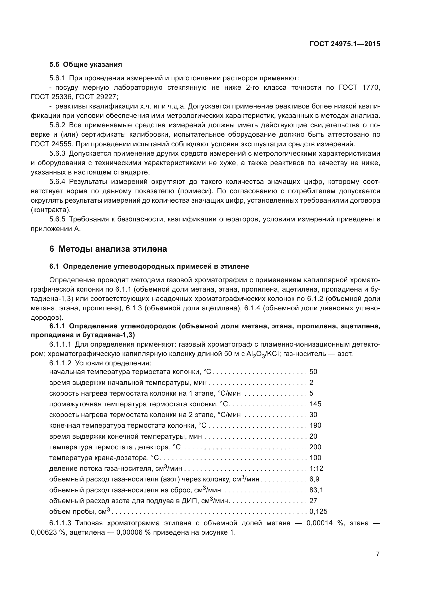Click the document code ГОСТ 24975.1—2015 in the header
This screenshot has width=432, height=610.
[345, 44]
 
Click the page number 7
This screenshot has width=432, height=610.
[378, 554]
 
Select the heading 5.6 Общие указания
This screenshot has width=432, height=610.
[85, 65]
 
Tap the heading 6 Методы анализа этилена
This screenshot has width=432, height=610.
[108, 249]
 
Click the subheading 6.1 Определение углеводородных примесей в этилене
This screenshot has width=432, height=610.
[149, 266]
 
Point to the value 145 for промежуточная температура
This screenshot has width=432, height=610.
[315, 404]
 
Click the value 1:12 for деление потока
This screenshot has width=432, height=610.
[316, 468]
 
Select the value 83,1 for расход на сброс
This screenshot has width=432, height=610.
[316, 490]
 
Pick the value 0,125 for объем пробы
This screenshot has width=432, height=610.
[318, 511]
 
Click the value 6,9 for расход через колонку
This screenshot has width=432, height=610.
[314, 479]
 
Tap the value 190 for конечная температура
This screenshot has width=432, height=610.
[315, 425]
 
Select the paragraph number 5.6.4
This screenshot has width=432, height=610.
[57, 182]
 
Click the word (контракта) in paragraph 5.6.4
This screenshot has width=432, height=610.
[51, 210]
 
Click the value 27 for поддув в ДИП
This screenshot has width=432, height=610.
[313, 500]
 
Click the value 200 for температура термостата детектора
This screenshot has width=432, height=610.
[315, 447]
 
